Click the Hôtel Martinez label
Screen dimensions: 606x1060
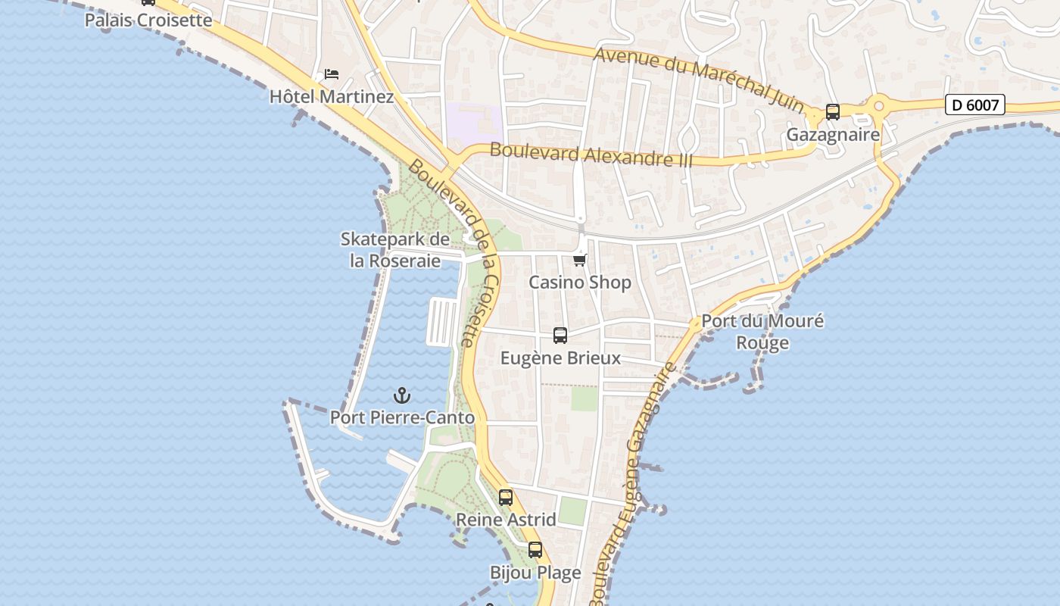332,97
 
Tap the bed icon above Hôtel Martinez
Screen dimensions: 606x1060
332,74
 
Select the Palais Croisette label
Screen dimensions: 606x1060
148,20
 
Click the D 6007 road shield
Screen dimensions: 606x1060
974,105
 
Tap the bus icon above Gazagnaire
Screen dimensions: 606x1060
833,112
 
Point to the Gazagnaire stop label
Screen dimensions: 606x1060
833,135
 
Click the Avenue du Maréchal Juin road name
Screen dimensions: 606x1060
698,80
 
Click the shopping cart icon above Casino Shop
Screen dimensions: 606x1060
580,261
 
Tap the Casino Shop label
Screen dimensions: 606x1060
580,283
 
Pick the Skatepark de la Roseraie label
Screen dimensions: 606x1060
395,250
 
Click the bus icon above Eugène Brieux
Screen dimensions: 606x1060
560,336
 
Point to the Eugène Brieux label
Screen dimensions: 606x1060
560,358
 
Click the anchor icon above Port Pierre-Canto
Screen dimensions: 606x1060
402,395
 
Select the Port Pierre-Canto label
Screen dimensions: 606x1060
402,417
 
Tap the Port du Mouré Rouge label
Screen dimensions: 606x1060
762,332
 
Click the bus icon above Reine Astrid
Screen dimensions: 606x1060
506,498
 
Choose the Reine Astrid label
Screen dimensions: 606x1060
506,520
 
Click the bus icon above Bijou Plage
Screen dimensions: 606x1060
535,550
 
